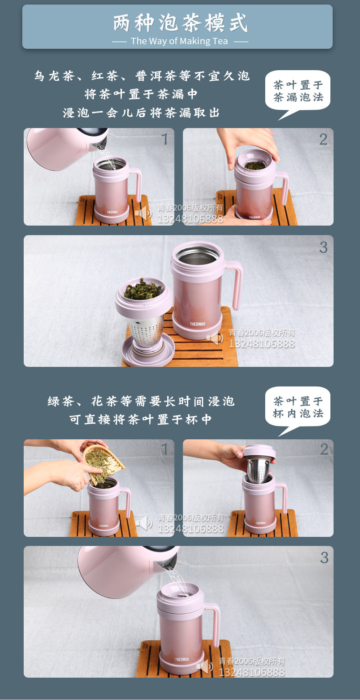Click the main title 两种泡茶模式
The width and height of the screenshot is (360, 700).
coord(180,23)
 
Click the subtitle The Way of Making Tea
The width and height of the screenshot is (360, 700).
coord(180,41)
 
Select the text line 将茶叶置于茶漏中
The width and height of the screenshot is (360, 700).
coord(141,94)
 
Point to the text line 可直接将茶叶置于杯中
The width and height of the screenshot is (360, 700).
coord(141,419)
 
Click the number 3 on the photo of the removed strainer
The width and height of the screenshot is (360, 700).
coord(324,247)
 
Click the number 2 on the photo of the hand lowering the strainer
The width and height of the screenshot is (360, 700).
coord(324,449)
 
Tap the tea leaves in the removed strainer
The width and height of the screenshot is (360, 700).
coord(144,289)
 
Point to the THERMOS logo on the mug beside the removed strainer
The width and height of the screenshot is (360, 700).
coord(197,324)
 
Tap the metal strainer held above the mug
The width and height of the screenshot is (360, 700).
coord(258,469)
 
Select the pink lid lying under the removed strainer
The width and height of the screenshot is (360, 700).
coord(149,350)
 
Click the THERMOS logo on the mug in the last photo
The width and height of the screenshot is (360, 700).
coord(182,659)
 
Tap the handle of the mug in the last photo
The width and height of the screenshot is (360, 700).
coord(214,624)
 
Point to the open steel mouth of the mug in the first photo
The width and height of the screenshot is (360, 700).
coord(110,164)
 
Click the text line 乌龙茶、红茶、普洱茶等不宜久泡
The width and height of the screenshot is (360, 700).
coord(142,76)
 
